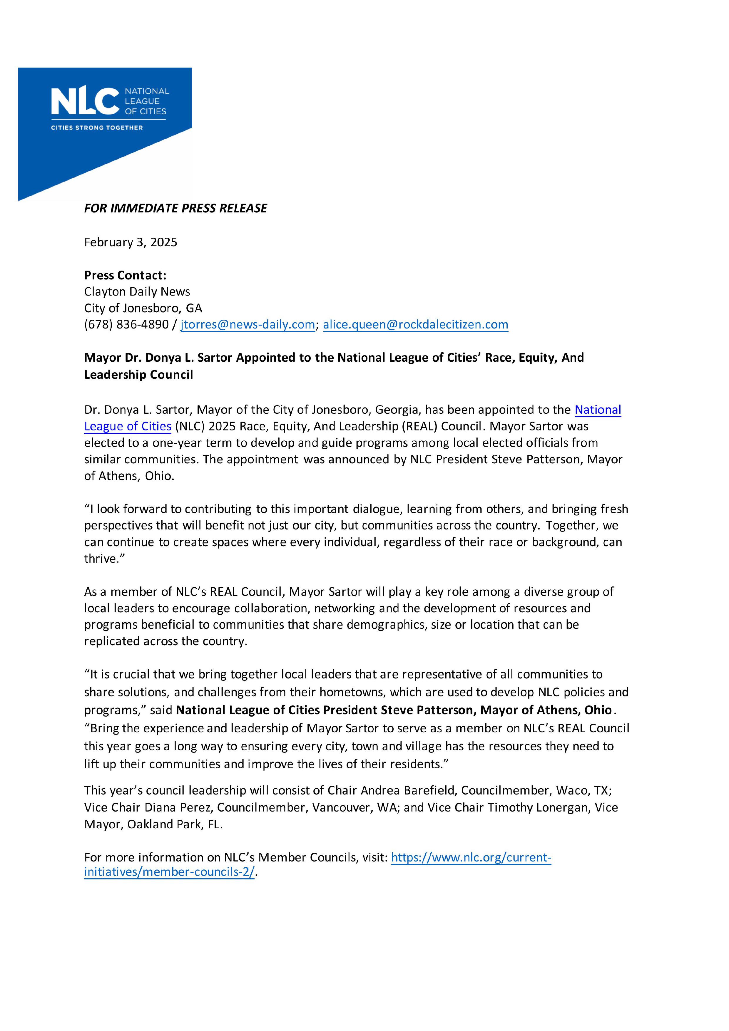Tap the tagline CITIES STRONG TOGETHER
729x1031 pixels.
pyautogui.click(x=97, y=128)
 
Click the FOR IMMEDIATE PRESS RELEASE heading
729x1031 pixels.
pyautogui.click(x=175, y=208)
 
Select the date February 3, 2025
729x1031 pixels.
pyautogui.click(x=131, y=242)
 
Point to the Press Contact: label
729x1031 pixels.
pyautogui.click(x=125, y=275)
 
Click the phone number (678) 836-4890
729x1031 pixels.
pyautogui.click(x=126, y=325)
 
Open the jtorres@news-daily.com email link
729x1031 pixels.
pyautogui.click(x=248, y=325)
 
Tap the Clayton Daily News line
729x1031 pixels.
pyautogui.click(x=137, y=292)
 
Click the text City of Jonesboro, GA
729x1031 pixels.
pyautogui.click(x=143, y=309)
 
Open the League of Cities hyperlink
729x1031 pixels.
pyautogui.click(x=128, y=426)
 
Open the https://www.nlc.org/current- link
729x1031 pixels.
pyautogui.click(x=471, y=858)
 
